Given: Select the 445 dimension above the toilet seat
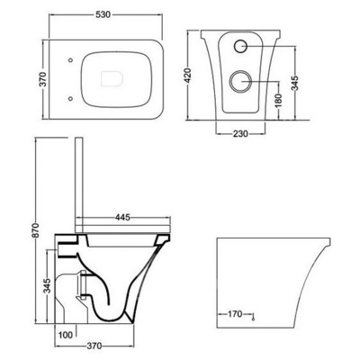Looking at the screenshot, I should (x=124, y=217).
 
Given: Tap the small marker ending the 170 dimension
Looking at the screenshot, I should (x=256, y=317).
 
